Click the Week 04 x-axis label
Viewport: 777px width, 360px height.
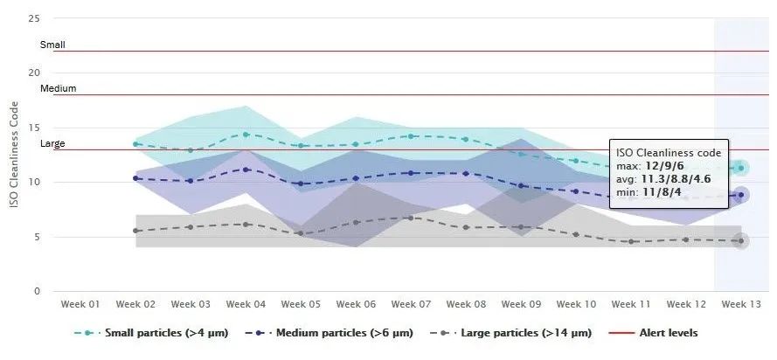click(246, 304)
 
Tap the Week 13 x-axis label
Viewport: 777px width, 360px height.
click(739, 304)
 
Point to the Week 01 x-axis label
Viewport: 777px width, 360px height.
click(81, 304)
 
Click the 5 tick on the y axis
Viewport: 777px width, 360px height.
click(37, 237)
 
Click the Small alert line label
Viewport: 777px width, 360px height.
click(52, 45)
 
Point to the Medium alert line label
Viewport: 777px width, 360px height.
click(58, 88)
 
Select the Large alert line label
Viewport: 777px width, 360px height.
click(52, 143)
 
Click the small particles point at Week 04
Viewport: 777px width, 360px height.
click(246, 135)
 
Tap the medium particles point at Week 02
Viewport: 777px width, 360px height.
click(135, 178)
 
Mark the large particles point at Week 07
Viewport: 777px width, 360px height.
click(411, 218)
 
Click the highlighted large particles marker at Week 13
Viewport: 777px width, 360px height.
click(739, 241)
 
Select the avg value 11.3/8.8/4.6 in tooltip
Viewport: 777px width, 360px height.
click(685, 178)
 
